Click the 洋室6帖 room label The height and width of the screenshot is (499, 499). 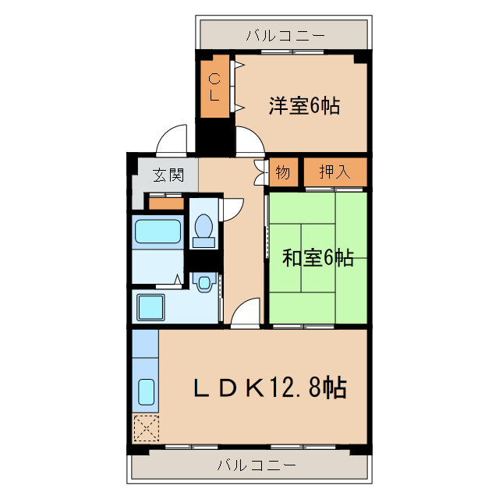pos(305,106)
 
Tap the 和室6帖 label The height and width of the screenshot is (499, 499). pos(317,257)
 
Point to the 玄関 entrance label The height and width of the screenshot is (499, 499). pos(168,174)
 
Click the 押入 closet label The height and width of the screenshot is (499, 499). pos(335,172)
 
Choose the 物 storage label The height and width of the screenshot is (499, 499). pos(282,172)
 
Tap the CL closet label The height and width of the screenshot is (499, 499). pos(215,86)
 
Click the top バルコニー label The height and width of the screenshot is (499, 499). pos(284,35)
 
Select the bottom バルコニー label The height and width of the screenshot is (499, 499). pos(257,466)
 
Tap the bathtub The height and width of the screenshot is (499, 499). pos(158,232)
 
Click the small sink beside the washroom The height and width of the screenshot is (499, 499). pos(204,282)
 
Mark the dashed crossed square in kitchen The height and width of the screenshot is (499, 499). pos(145,427)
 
